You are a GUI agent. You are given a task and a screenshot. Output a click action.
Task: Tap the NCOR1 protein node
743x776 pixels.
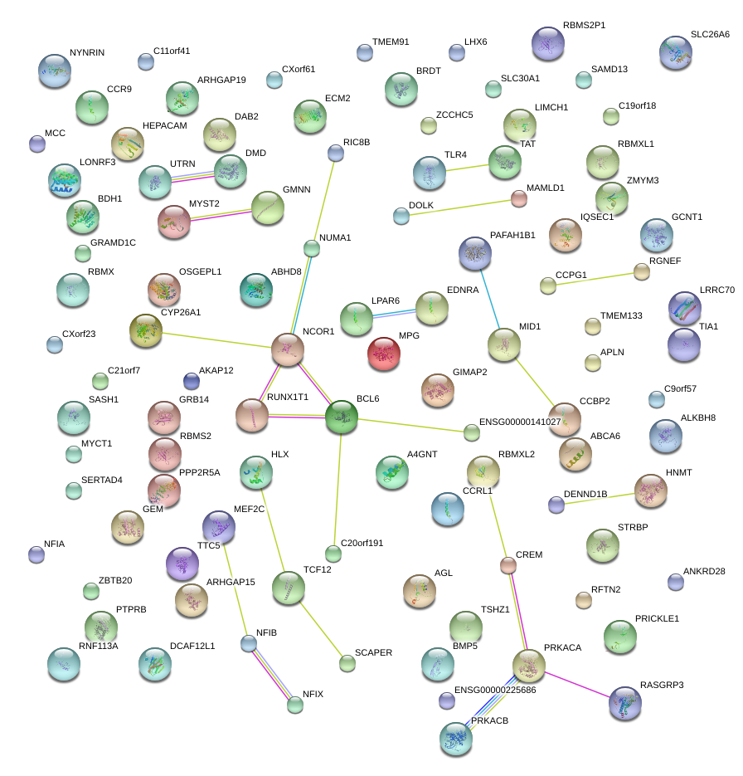click(288, 350)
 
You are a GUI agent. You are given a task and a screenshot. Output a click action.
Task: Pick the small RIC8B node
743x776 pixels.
click(336, 153)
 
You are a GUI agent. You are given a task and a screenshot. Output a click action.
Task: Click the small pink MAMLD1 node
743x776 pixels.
click(518, 198)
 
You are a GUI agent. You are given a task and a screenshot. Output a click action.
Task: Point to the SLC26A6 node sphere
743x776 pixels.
click(676, 52)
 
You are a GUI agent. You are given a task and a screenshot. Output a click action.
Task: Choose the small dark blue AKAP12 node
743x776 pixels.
click(192, 381)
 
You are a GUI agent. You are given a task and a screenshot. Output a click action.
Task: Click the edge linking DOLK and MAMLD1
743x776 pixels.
click(460, 207)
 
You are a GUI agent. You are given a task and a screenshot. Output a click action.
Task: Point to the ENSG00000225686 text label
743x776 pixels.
click(495, 691)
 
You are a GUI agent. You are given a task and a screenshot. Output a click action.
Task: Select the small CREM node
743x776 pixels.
click(508, 566)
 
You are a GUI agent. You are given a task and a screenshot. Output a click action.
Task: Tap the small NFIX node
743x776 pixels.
click(295, 705)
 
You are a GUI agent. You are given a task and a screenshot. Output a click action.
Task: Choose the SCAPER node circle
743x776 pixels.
click(347, 663)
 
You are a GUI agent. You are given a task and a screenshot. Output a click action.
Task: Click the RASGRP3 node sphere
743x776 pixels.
click(624, 702)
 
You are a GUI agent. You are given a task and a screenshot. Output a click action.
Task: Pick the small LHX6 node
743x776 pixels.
click(456, 53)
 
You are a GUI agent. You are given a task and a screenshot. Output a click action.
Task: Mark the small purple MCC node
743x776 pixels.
click(36, 144)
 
